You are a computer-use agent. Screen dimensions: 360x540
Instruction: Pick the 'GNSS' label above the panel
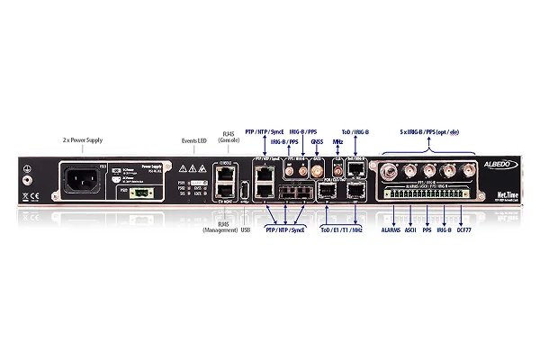(x=316, y=140)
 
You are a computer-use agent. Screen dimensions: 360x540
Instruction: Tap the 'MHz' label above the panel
(x=337, y=140)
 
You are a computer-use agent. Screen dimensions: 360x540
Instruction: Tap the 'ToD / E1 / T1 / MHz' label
(x=336, y=229)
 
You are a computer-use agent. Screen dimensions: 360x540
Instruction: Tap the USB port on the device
(x=244, y=190)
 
